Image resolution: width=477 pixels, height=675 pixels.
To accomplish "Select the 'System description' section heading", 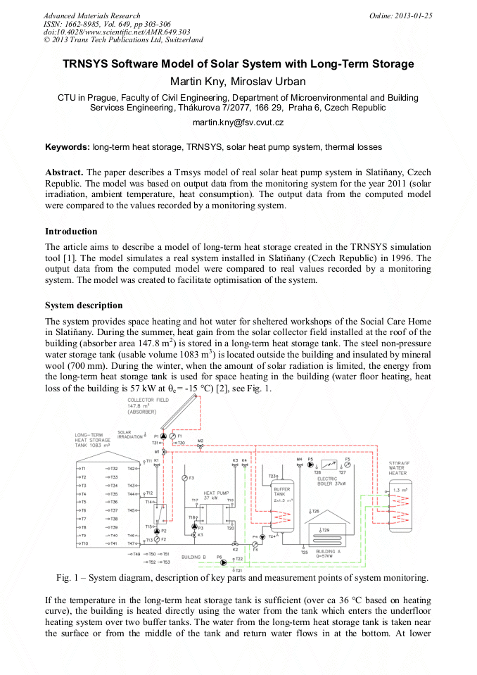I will [x=84, y=305].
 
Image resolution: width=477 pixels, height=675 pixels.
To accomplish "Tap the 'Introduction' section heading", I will [x=71, y=231].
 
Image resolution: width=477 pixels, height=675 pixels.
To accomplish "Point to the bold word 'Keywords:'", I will [x=68, y=147].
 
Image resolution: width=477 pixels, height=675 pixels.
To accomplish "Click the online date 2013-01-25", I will [x=416, y=15].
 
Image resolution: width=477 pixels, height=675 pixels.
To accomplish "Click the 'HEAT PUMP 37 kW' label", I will [x=217, y=494].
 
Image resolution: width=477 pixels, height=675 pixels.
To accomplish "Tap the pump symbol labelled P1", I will [x=164, y=436].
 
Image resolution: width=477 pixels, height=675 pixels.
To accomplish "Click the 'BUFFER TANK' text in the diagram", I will [x=281, y=491].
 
